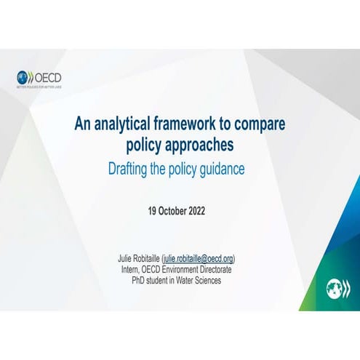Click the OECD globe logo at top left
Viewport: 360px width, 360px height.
tap(24, 76)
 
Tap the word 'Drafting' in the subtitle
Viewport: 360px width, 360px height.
tap(131, 169)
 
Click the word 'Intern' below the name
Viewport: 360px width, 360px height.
tap(132, 269)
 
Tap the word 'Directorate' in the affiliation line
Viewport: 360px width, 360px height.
tap(220, 269)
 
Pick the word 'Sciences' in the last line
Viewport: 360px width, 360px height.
tap(207, 280)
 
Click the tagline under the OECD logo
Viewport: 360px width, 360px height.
tap(39, 86)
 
